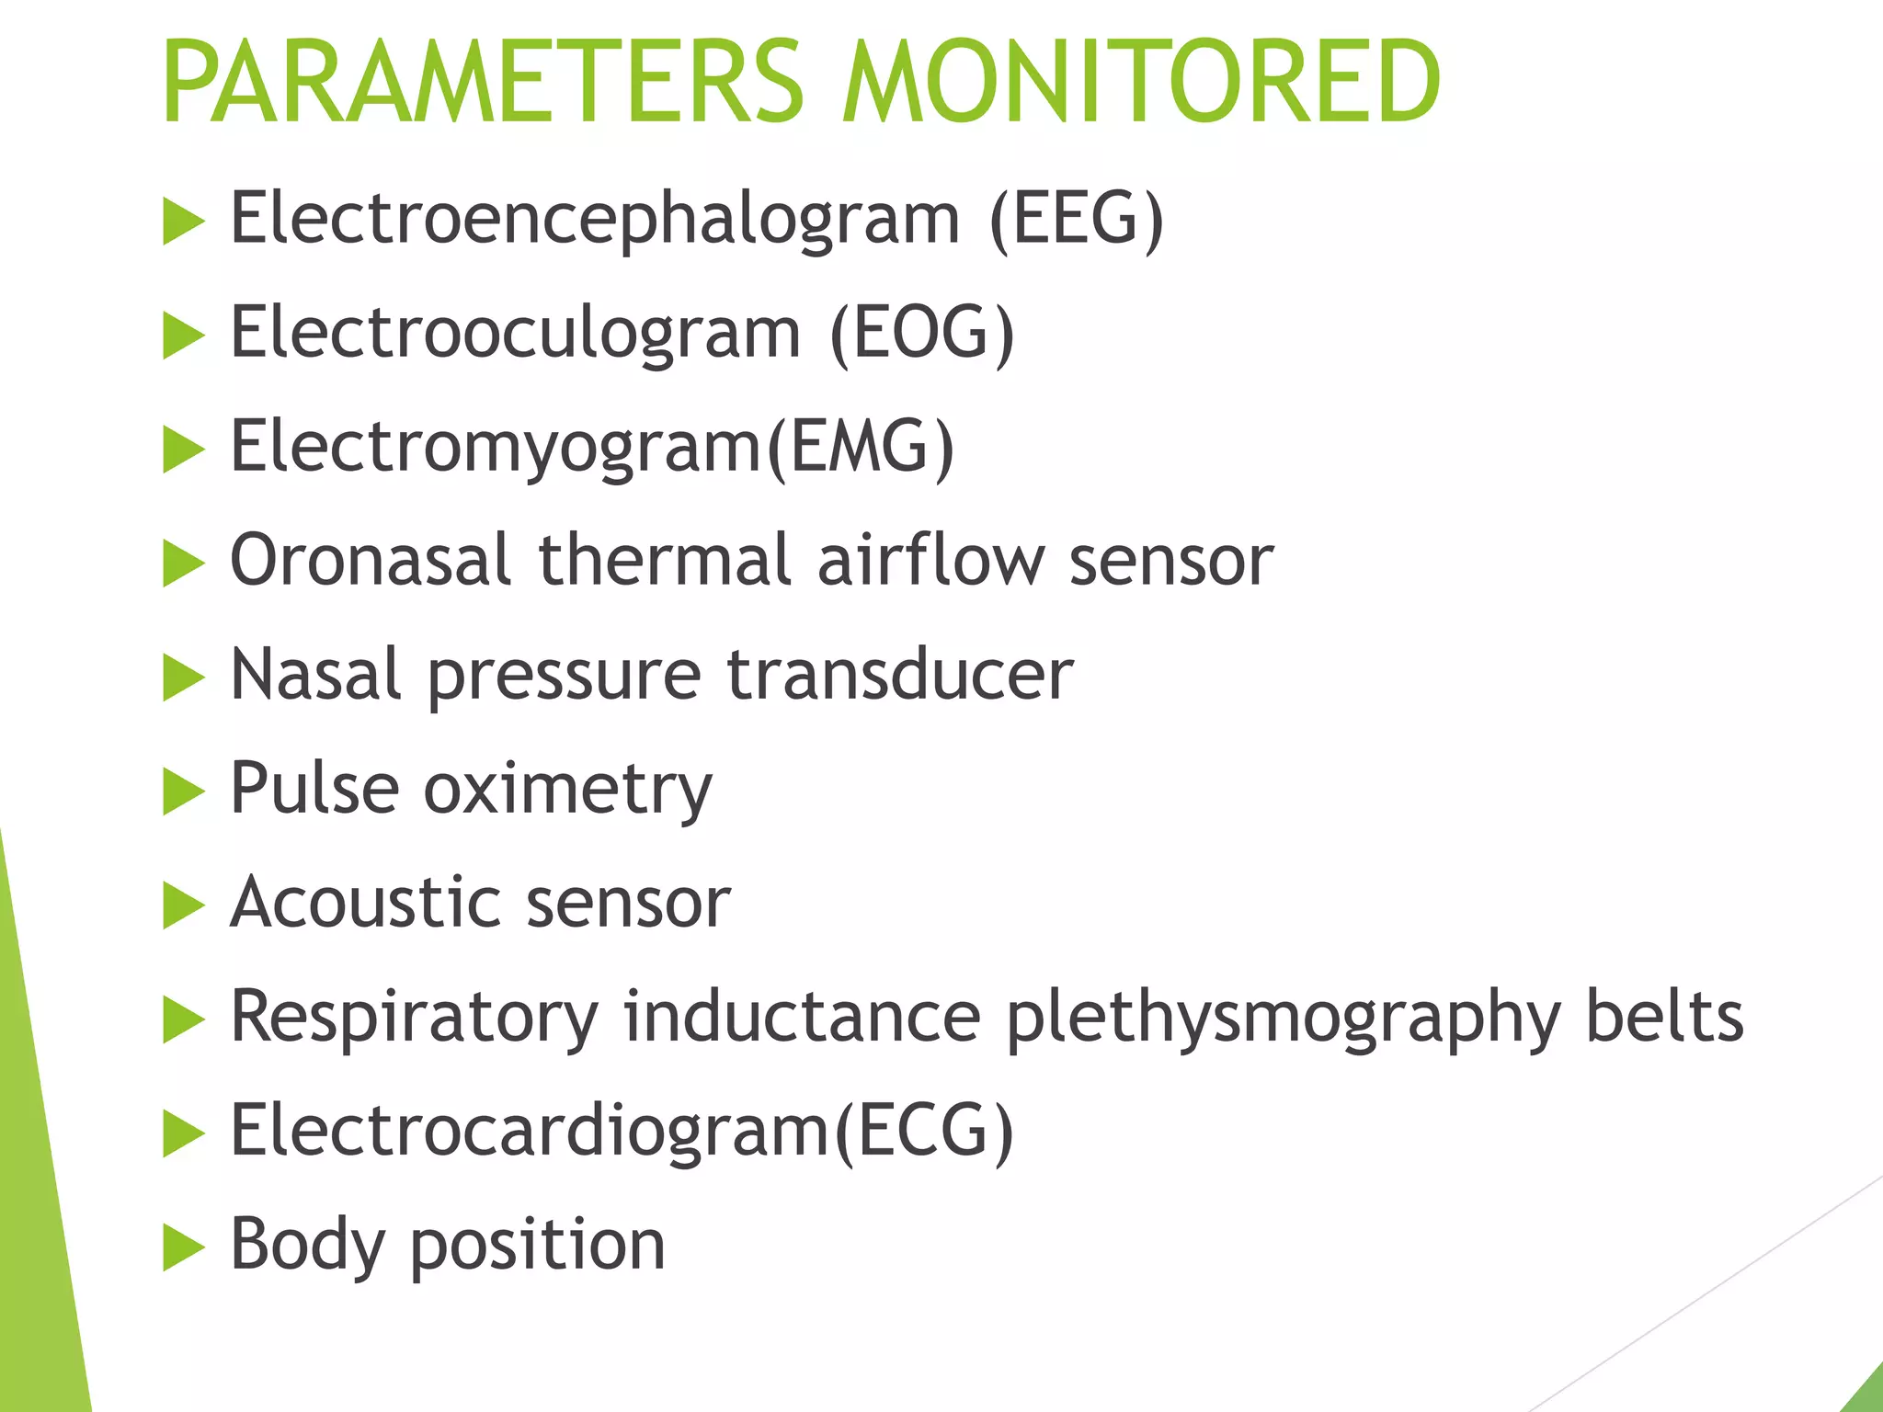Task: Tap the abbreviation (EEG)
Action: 1077,219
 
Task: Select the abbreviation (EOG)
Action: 922,333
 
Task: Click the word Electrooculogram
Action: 515,333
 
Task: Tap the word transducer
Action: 900,674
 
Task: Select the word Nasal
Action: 315,674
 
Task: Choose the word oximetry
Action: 567,789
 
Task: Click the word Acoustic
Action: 364,902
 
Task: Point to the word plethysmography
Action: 1284,1017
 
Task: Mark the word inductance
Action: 802,1017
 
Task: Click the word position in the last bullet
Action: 537,1245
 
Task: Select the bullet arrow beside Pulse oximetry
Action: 183,791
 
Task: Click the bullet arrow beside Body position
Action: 183,1247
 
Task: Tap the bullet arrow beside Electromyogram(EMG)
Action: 183,449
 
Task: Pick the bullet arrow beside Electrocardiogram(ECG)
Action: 183,1133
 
